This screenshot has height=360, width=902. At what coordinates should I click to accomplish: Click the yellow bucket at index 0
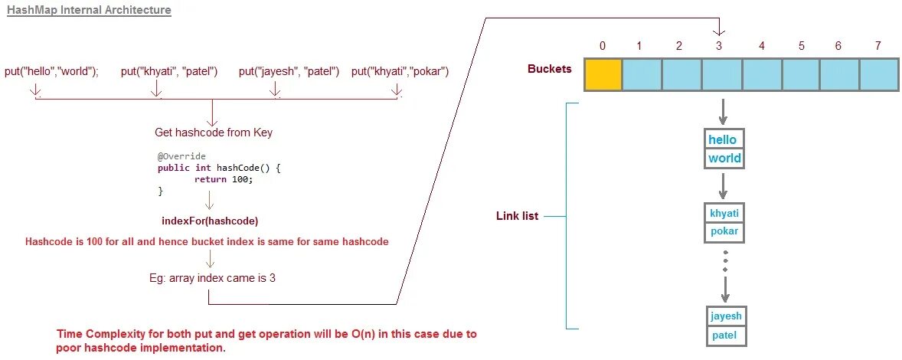tap(603, 74)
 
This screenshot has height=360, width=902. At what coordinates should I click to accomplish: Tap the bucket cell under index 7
tap(878, 74)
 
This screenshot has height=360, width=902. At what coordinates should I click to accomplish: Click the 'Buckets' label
tap(550, 69)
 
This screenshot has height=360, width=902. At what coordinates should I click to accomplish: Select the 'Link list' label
tap(518, 216)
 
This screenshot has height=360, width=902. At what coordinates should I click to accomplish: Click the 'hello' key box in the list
tap(723, 139)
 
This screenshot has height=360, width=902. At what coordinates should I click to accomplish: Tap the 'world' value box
tap(724, 159)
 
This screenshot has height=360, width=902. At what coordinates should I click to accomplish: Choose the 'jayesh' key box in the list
tap(726, 316)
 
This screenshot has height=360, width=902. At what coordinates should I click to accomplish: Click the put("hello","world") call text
tap(52, 72)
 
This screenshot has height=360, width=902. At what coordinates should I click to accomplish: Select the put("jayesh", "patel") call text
tap(289, 72)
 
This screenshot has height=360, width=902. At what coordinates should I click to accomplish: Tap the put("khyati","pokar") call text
tap(400, 72)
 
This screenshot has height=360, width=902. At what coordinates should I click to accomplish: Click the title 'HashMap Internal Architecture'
tap(89, 11)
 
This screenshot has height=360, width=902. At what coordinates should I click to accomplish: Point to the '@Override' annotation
tap(181, 156)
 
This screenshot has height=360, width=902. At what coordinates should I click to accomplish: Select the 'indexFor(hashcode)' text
tap(210, 221)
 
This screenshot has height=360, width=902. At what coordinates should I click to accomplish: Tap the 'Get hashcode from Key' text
tap(214, 133)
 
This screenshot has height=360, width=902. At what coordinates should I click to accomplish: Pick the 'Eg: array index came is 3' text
tap(212, 278)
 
